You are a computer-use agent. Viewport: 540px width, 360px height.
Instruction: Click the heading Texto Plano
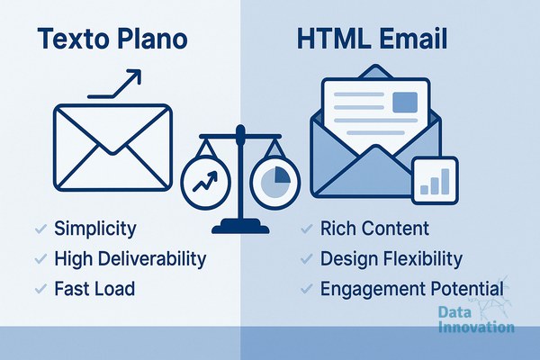(112, 39)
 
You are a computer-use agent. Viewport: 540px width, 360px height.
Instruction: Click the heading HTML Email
(372, 39)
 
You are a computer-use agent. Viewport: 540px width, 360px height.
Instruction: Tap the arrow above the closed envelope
(114, 84)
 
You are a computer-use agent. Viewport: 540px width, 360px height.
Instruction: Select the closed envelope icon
(112, 148)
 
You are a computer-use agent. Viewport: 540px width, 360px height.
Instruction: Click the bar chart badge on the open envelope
(435, 181)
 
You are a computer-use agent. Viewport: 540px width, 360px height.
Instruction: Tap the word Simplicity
(95, 229)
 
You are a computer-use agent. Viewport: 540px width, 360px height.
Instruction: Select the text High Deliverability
(130, 258)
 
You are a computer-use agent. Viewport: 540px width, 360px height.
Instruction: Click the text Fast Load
(94, 289)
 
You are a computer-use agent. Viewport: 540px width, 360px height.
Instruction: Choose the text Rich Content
(374, 229)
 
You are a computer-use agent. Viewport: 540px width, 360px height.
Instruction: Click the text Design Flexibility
(391, 258)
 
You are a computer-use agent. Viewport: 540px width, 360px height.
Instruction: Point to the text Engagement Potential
(412, 289)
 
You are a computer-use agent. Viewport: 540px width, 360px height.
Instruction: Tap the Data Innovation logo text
(477, 319)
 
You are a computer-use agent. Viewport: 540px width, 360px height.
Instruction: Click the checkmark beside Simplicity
(40, 229)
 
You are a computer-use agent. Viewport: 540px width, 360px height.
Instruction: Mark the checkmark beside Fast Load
(40, 289)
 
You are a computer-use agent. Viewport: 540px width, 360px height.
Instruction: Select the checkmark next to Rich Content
(307, 229)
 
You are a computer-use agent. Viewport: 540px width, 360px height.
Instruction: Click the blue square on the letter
(405, 102)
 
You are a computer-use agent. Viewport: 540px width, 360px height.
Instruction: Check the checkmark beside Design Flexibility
(307, 258)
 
